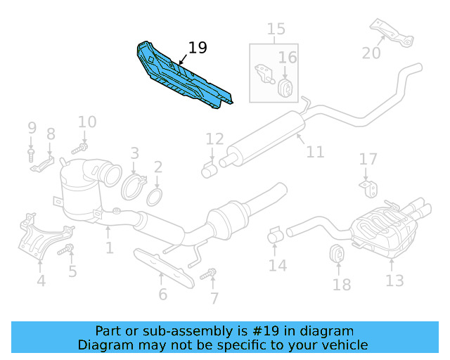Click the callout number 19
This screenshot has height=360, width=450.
[198, 48]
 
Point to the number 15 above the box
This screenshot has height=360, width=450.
[276, 29]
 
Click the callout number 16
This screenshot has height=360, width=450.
[287, 57]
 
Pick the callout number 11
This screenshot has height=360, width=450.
[314, 151]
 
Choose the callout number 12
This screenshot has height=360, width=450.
[214, 139]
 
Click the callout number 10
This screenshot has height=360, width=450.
[86, 122]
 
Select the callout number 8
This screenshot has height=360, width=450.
[51, 134]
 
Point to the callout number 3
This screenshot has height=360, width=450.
[134, 153]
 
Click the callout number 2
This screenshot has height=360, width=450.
[158, 167]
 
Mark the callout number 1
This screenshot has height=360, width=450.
[109, 247]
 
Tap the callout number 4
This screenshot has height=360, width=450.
[40, 281]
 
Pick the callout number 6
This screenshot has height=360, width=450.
[162, 293]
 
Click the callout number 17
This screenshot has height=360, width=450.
[368, 160]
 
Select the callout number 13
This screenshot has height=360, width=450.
[394, 281]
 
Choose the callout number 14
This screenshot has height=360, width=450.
[277, 265]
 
